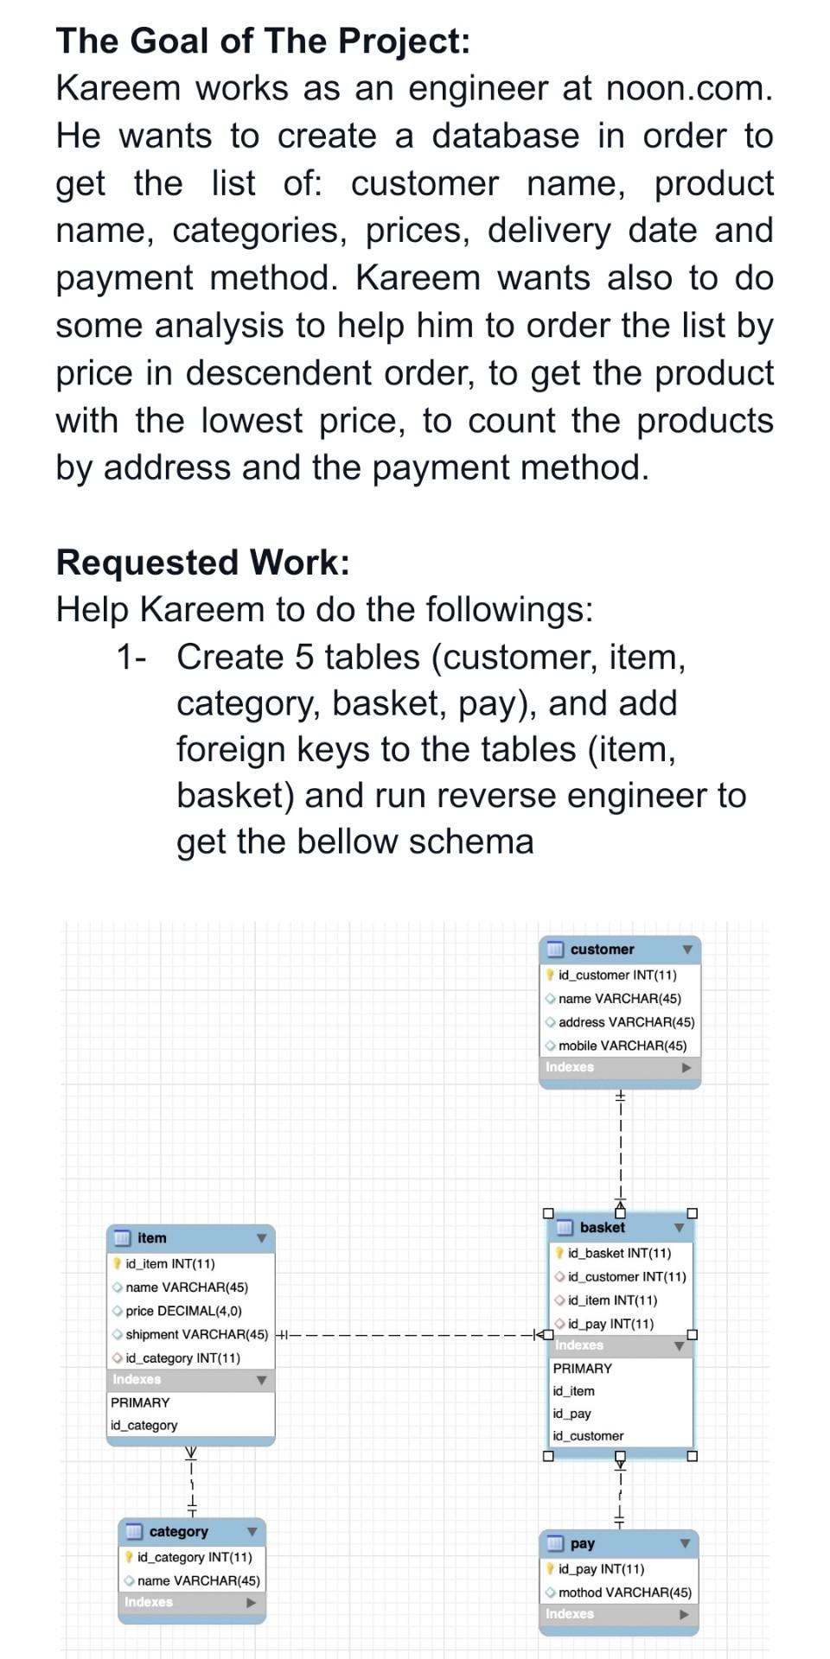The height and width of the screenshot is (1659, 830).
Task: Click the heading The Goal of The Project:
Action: [x=263, y=41]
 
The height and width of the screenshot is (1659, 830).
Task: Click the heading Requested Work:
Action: [x=203, y=563]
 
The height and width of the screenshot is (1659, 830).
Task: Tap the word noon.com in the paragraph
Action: [x=688, y=88]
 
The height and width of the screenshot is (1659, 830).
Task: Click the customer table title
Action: [x=602, y=949]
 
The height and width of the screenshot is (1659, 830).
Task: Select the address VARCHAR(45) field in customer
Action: [x=626, y=1021]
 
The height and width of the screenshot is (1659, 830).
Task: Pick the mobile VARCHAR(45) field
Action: [x=622, y=1045]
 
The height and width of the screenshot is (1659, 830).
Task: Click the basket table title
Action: [x=602, y=1227]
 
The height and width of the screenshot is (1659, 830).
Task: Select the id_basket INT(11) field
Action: [x=619, y=1253]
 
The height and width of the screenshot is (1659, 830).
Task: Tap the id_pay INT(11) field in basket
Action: [x=610, y=1323]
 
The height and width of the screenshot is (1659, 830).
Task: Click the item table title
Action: [x=152, y=1237]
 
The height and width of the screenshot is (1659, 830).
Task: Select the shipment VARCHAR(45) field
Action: [x=196, y=1334]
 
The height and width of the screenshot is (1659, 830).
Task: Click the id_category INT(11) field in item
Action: [x=182, y=1357]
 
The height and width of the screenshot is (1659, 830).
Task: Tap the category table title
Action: [x=178, y=1531]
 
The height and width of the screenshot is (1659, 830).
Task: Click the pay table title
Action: [x=583, y=1543]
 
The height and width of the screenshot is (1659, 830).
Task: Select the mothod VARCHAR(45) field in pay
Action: [x=624, y=1592]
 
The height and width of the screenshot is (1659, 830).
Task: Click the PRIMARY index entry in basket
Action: [x=582, y=1368]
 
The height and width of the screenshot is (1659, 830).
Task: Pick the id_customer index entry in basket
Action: [x=588, y=1435]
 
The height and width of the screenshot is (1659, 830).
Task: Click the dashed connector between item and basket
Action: [x=406, y=1335]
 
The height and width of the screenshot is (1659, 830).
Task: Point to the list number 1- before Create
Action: [x=131, y=658]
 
